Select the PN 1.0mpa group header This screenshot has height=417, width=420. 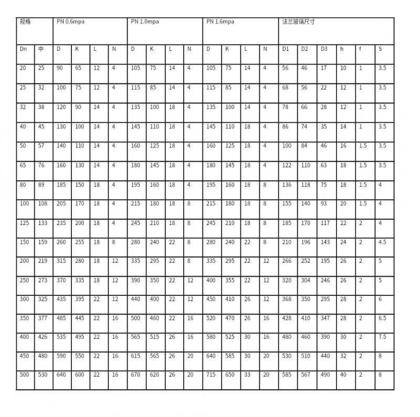(145, 22)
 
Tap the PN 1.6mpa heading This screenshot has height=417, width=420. (220, 22)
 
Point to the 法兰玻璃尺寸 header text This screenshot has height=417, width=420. (299, 22)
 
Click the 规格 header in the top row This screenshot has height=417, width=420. (25, 22)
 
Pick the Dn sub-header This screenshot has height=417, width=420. (23, 49)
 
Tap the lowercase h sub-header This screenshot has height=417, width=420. (342, 49)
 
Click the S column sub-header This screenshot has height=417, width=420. (380, 49)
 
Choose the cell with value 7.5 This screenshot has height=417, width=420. (382, 337)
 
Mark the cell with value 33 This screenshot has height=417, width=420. (247, 375)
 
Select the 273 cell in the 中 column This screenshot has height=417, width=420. (42, 280)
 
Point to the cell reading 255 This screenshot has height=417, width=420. (80, 242)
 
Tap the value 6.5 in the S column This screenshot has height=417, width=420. (382, 318)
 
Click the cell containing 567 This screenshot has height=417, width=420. (305, 375)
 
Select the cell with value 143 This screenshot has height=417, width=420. (325, 242)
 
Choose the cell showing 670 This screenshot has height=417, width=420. (135, 375)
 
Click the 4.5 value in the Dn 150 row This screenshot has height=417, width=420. (382, 242)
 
